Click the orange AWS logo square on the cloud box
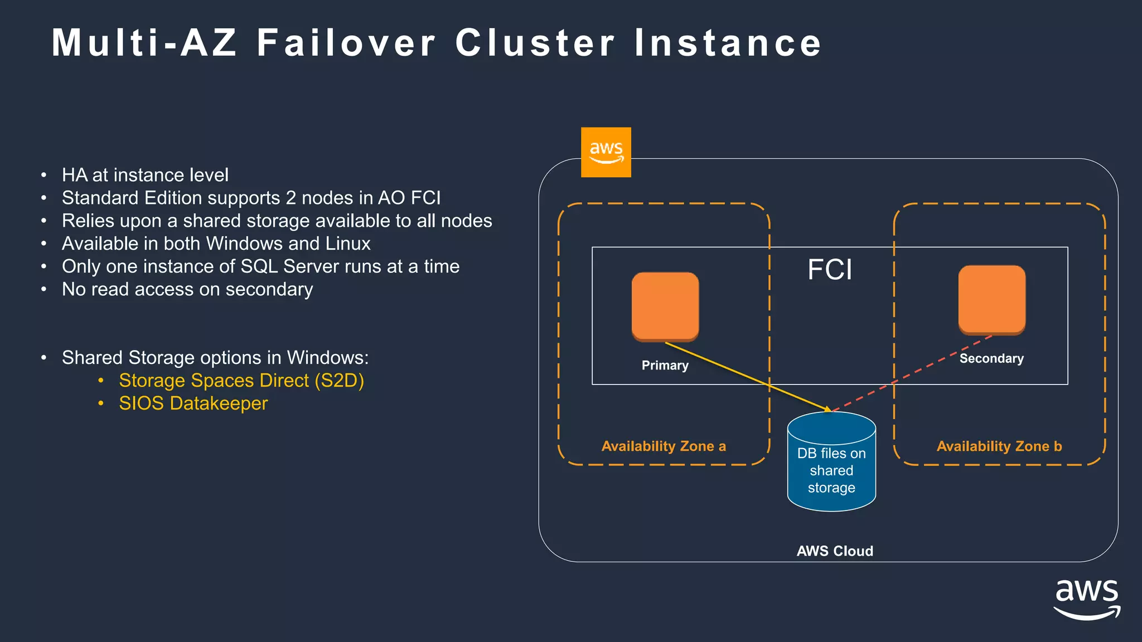click(x=606, y=152)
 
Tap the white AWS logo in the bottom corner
click(x=1087, y=599)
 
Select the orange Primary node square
click(x=665, y=306)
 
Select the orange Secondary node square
click(x=991, y=300)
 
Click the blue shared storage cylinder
click(x=831, y=463)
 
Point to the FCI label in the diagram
click(x=830, y=270)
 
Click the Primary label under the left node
click(x=665, y=366)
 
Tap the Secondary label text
click(x=991, y=358)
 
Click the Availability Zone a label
click(x=664, y=446)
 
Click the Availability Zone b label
click(x=999, y=446)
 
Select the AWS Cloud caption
click(x=835, y=551)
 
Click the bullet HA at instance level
click(x=145, y=175)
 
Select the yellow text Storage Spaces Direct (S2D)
click(x=241, y=381)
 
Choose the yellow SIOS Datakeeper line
click(x=193, y=403)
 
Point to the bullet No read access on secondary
click(x=187, y=289)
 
